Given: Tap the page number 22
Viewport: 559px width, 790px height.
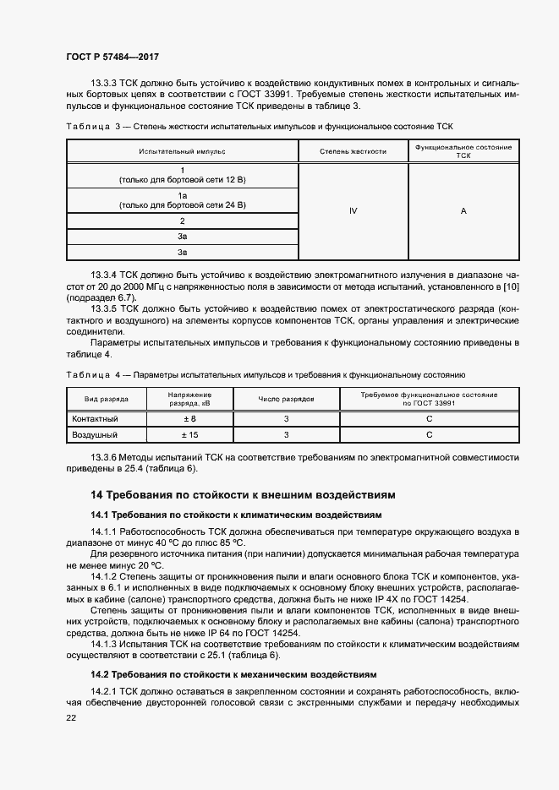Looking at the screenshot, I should click(x=71, y=717).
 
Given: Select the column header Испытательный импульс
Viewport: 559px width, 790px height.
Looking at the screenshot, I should click(x=183, y=151).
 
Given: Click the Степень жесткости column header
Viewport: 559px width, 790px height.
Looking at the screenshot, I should click(x=353, y=151).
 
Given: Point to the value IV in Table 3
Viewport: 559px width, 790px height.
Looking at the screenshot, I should click(x=353, y=211).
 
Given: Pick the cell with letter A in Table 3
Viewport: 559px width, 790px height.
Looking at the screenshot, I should click(x=463, y=211).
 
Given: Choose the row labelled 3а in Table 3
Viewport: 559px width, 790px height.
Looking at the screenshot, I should click(x=183, y=237).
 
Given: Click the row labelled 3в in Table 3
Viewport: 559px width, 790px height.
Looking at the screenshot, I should click(x=183, y=252).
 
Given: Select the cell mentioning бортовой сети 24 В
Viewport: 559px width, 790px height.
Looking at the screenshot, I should click(x=183, y=200).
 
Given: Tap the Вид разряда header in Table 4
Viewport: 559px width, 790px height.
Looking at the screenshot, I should click(x=106, y=399).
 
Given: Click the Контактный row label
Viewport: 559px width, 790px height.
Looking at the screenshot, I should click(x=95, y=419).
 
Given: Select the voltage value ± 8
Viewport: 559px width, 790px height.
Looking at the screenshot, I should click(x=189, y=419).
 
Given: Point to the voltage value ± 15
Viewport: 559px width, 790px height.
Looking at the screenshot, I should click(x=189, y=434).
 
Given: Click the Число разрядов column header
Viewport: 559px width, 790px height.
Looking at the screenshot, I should click(x=287, y=399).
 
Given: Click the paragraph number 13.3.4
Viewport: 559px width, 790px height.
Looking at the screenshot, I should click(x=104, y=275).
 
